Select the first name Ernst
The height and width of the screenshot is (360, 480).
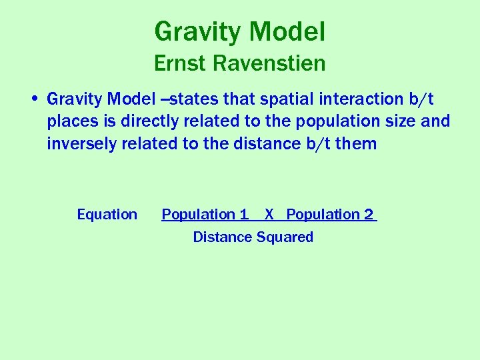pyautogui.click(x=180, y=63)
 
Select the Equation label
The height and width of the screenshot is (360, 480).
pyautogui.click(x=107, y=215)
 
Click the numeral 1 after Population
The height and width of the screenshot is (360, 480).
pyautogui.click(x=244, y=215)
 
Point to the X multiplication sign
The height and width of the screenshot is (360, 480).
pyautogui.click(x=269, y=215)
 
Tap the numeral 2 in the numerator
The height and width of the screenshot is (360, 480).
pyautogui.click(x=369, y=215)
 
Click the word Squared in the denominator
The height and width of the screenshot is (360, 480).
pyautogui.click(x=283, y=237)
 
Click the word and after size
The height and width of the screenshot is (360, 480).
pyautogui.click(x=436, y=121)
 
